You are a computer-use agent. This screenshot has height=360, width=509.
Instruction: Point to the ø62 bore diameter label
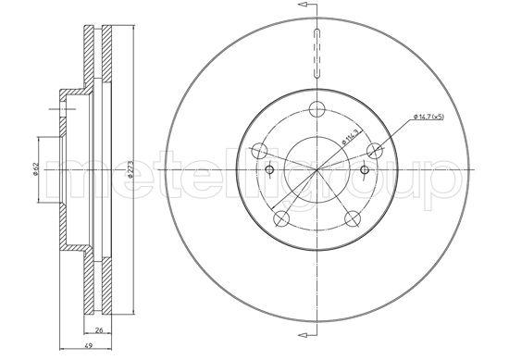tap(35, 169)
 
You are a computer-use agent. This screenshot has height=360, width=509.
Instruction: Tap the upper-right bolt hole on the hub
tap(375, 149)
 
